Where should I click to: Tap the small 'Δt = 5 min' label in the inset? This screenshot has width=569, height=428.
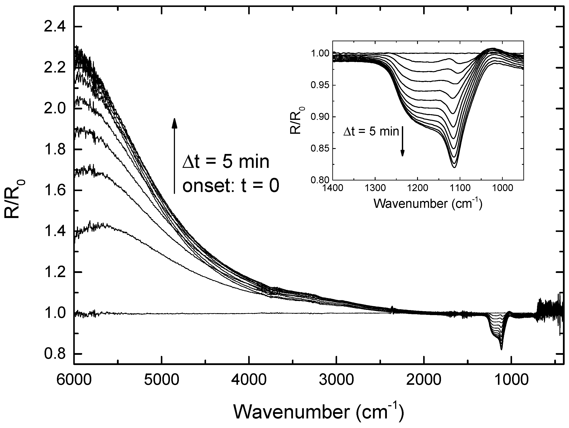point(371,132)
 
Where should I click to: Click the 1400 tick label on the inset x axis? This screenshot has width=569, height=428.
point(333,188)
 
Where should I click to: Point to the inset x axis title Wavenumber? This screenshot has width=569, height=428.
point(428,204)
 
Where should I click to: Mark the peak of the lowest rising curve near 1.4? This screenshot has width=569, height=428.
point(103,224)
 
